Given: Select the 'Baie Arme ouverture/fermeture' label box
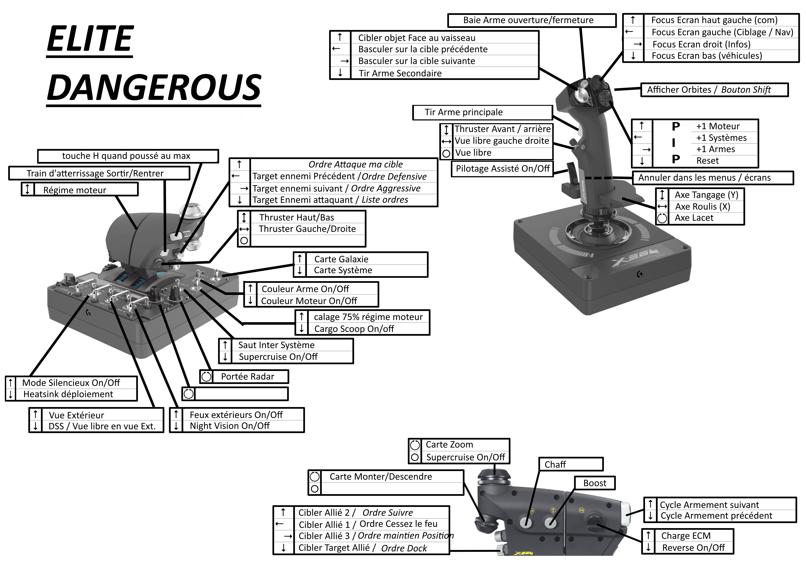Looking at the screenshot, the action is pyautogui.click(x=532, y=20).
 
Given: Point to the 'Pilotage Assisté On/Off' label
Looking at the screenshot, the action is pyautogui.click(x=502, y=169).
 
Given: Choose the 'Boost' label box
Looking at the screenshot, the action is pyautogui.click(x=595, y=483).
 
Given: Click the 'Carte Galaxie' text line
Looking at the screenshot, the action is pyautogui.click(x=341, y=259).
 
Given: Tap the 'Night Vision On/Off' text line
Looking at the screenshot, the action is pyautogui.click(x=230, y=426).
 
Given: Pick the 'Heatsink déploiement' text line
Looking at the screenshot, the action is pyautogui.click(x=68, y=394).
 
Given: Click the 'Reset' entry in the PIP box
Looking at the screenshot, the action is pyautogui.click(x=707, y=161).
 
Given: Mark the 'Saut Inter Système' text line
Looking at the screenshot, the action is pyautogui.click(x=276, y=345).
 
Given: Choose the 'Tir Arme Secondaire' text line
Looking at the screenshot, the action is pyautogui.click(x=400, y=73).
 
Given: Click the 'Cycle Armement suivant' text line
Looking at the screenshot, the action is pyautogui.click(x=709, y=505).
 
